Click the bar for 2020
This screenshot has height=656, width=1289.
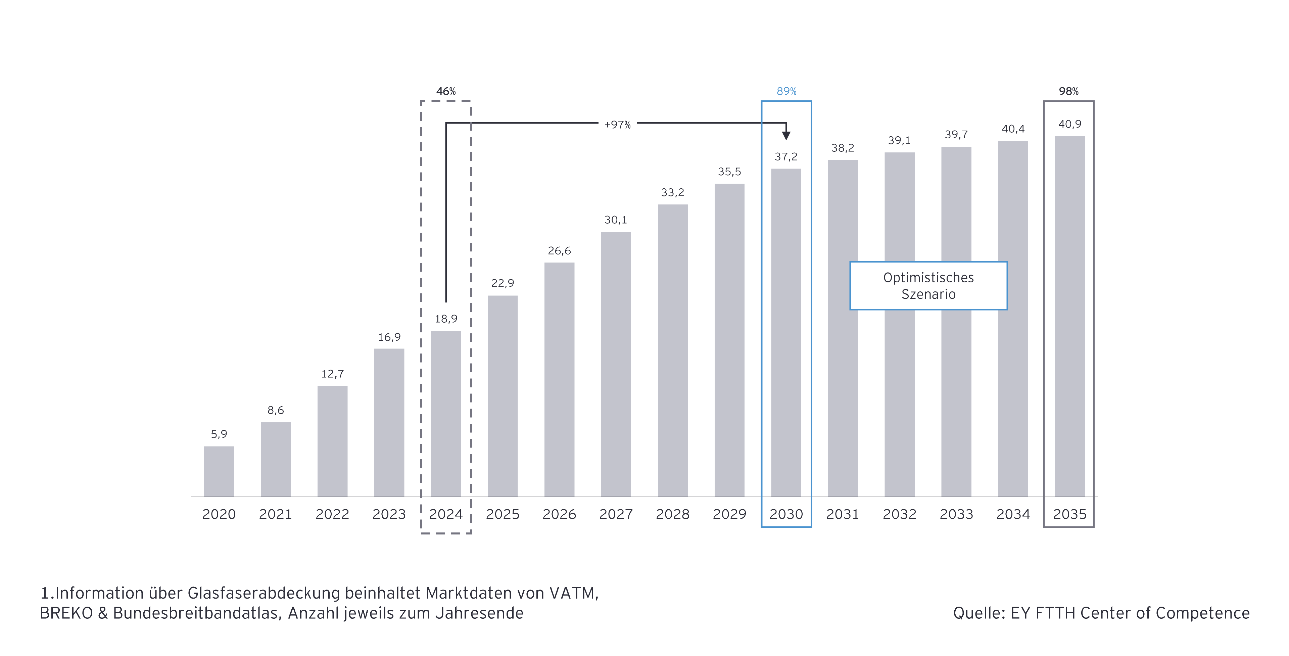point(219,471)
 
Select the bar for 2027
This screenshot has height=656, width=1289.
point(616,364)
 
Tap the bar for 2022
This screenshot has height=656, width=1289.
point(332,441)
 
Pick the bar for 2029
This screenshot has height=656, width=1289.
point(729,340)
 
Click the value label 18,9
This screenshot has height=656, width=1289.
point(446,319)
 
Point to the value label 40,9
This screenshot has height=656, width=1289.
point(1069,124)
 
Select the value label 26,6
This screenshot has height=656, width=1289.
point(559,251)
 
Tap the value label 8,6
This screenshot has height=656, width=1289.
point(275,410)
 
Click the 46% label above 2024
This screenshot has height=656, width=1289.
point(446,91)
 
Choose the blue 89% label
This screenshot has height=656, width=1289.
point(786,91)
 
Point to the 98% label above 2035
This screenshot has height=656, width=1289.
point(1068,91)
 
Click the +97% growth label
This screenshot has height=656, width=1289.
point(618,125)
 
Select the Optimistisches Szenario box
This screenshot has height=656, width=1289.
point(928,286)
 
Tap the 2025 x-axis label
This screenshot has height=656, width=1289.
point(503,514)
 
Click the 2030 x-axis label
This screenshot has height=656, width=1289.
point(786,514)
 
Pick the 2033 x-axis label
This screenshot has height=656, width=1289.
point(956,514)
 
